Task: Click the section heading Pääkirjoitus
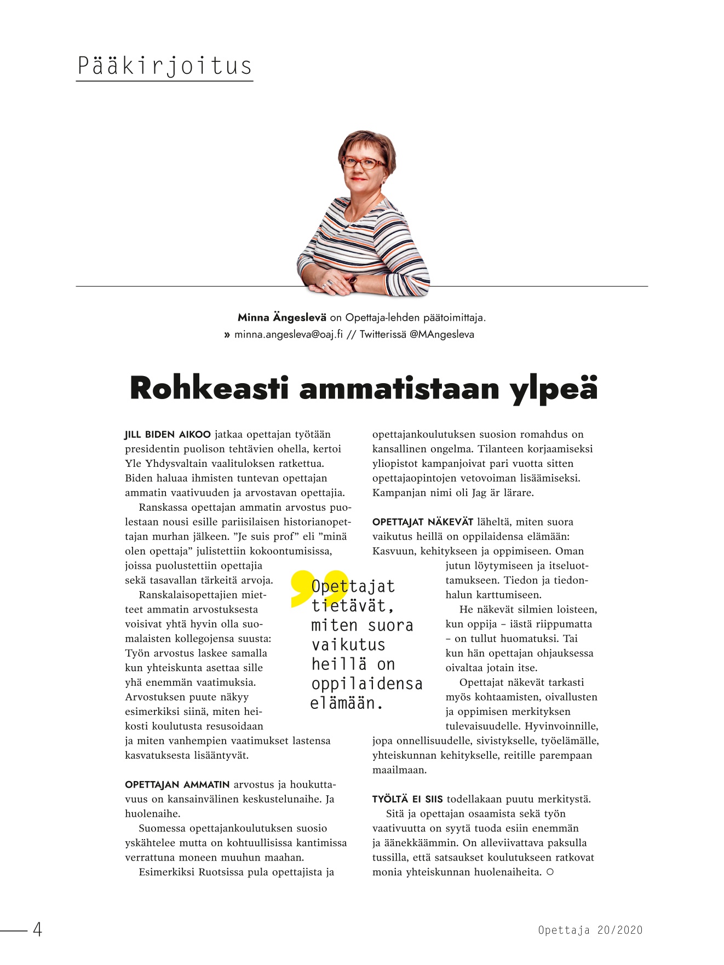[x=164, y=66]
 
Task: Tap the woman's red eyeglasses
[x=363, y=163]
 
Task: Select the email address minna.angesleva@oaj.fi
[x=289, y=334]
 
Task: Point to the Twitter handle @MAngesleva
[x=441, y=334]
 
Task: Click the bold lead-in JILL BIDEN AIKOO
[x=168, y=435]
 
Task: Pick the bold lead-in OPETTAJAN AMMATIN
[x=177, y=785]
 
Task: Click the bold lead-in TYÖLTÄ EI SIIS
[x=407, y=799]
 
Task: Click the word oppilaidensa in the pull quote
[x=366, y=684]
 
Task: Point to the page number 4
[x=37, y=929]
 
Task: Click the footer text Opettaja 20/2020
[x=590, y=930]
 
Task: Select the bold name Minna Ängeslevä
[x=281, y=317]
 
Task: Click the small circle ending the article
[x=550, y=872]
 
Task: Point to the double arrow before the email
[x=227, y=334]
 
